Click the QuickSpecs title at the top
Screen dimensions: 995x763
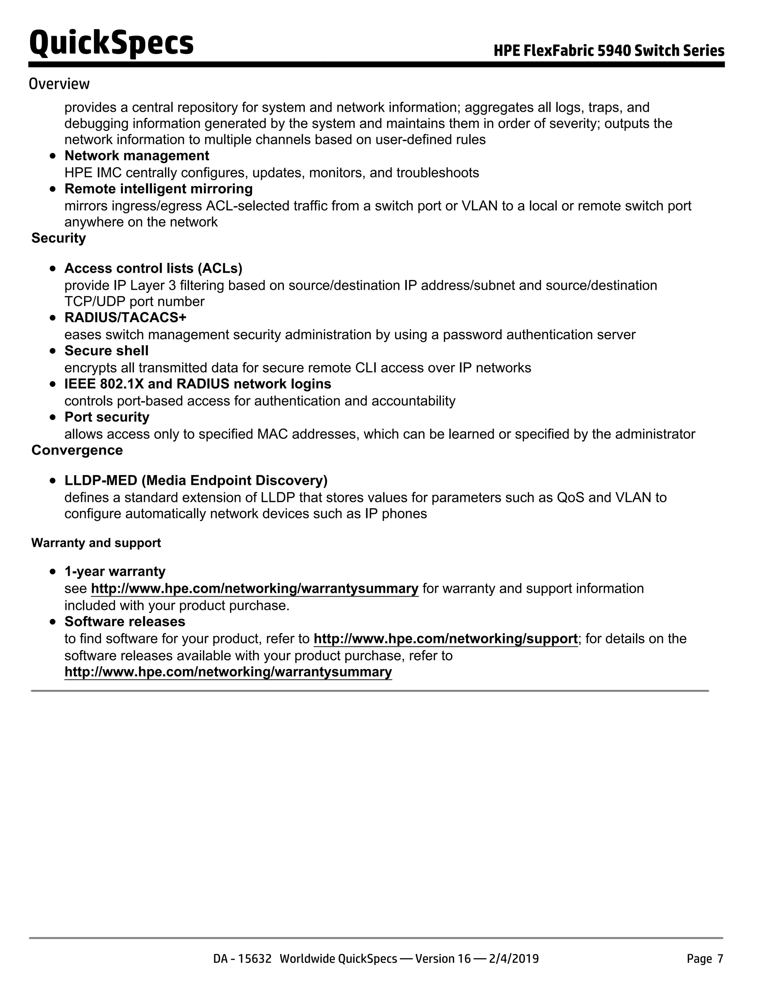pos(111,43)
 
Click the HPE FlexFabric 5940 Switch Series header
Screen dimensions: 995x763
pos(609,50)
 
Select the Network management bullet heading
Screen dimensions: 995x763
pos(136,156)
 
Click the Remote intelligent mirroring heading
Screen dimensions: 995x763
pos(158,189)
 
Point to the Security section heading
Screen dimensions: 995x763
pos(58,238)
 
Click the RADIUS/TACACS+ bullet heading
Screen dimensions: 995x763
pos(125,317)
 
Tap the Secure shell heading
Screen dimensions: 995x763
pos(106,350)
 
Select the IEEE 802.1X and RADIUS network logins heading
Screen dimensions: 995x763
pos(197,384)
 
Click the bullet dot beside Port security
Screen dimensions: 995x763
pos(53,417)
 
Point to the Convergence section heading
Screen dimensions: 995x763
pos(77,450)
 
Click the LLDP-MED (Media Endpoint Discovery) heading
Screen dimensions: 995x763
pos(196,480)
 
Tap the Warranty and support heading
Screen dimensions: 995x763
pos(96,543)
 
